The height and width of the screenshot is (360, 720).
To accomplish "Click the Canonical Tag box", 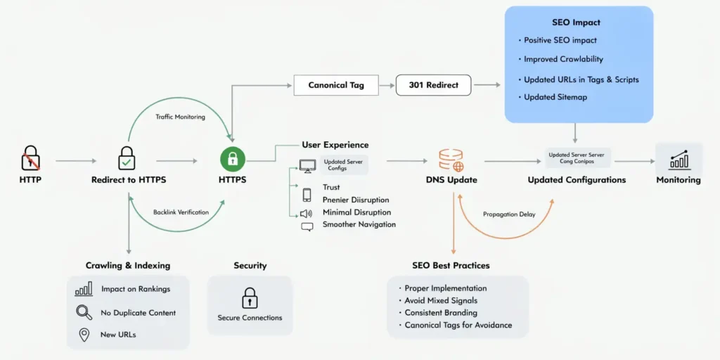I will (x=337, y=85).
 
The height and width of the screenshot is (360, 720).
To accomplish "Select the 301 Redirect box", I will (x=433, y=85).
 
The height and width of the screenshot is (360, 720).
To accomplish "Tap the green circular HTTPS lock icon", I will (x=232, y=160).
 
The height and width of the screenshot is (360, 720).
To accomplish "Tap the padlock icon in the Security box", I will (x=250, y=298).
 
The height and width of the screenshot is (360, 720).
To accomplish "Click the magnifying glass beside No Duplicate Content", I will (x=84, y=313).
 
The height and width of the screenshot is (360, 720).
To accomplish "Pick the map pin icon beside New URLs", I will (x=84, y=335).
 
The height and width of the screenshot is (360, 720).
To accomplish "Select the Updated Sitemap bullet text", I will (x=555, y=97).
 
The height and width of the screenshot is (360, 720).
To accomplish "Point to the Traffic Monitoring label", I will (x=180, y=117).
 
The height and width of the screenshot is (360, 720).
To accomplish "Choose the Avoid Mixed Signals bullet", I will (x=441, y=300).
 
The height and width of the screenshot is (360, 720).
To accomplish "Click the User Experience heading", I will (x=335, y=145).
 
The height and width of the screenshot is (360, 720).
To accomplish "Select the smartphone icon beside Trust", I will (x=307, y=195).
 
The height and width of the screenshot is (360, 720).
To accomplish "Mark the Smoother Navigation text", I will (x=359, y=224).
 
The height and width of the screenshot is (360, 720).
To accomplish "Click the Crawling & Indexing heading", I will (x=128, y=265).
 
